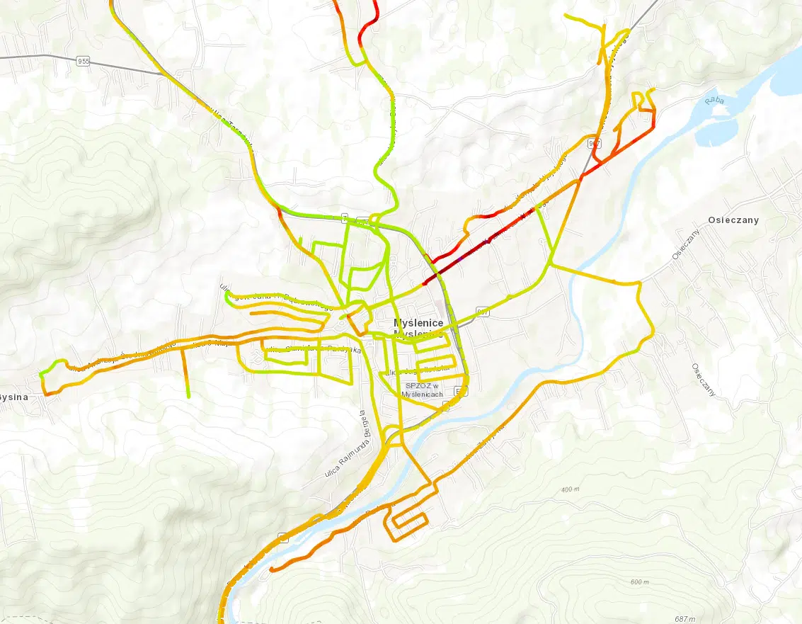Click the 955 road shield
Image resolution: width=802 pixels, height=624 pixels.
pyautogui.click(x=84, y=62)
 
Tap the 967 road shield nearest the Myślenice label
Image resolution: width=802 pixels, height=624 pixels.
pyautogui.click(x=483, y=311)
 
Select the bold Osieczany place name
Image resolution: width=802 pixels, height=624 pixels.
pyautogui.click(x=733, y=220)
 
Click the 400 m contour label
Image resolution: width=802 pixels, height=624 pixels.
pyautogui.click(x=571, y=489)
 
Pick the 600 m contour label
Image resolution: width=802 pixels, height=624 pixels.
pyautogui.click(x=638, y=582)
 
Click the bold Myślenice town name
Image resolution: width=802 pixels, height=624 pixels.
pyautogui.click(x=418, y=323)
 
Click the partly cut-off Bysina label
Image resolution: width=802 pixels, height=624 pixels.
pyautogui.click(x=13, y=397)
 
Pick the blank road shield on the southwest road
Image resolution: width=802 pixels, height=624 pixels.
pyautogui.click(x=283, y=538)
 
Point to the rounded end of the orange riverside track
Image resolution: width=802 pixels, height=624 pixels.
pyautogui.click(x=273, y=569)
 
